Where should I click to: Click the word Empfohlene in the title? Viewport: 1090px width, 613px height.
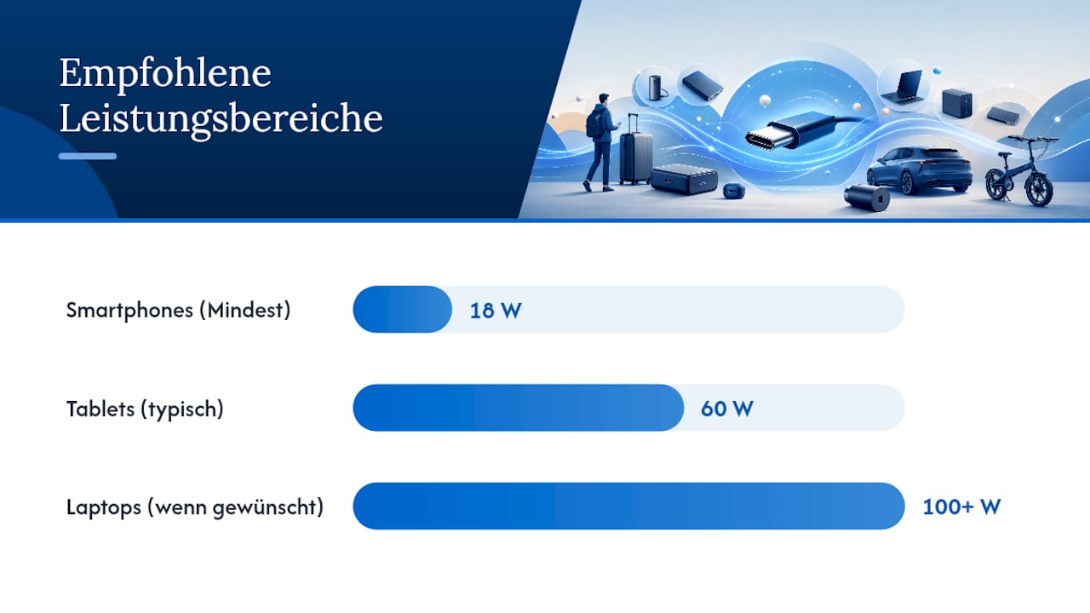coord(165,73)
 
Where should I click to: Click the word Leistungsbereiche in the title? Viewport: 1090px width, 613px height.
coord(221,118)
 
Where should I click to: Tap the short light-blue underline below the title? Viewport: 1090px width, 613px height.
coord(88,156)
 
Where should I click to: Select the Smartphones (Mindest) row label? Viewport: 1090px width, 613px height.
coord(178,311)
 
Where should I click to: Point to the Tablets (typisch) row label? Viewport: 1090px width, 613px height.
coord(145,410)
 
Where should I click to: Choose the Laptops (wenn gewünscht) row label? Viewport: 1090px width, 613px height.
coord(195,507)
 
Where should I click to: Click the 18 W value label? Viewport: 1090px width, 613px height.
coord(496,311)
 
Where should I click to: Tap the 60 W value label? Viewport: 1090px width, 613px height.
coord(727,409)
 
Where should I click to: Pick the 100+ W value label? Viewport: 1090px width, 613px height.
coord(961,507)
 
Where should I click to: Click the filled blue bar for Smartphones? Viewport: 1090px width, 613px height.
coord(403,309)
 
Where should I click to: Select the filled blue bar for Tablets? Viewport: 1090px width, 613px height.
coord(519,408)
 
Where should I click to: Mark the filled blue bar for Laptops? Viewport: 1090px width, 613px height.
coord(628,506)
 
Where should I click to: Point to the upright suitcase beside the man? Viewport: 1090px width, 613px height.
coord(635,151)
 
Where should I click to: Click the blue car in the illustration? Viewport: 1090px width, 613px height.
coord(919,169)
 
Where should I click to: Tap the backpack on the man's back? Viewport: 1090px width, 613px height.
coord(594,123)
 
